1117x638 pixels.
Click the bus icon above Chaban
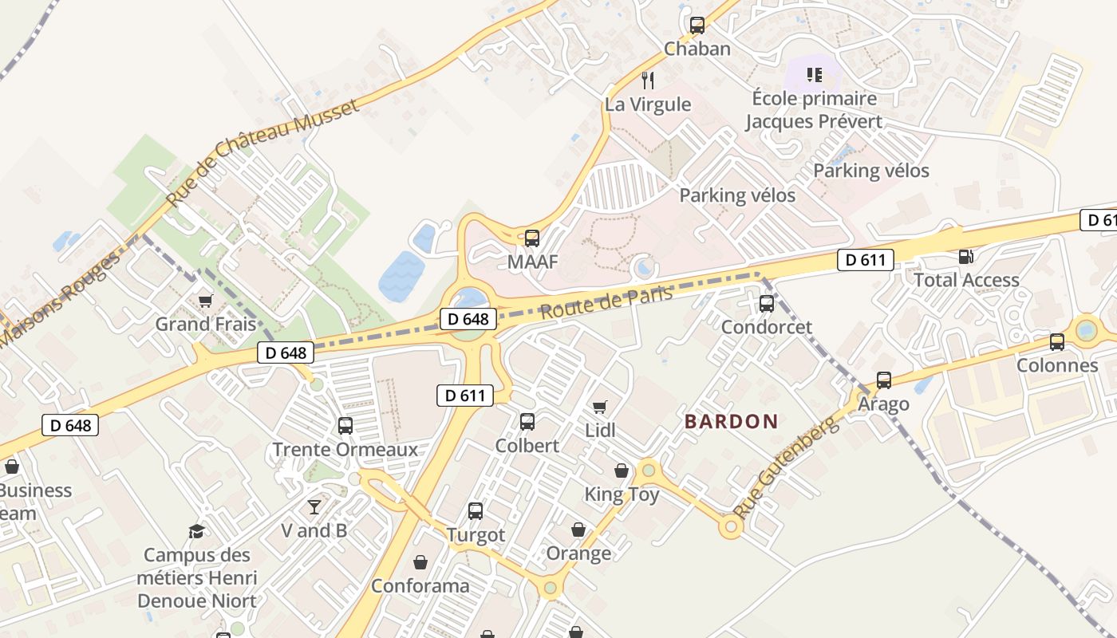click(x=697, y=26)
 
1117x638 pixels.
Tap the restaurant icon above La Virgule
click(x=648, y=80)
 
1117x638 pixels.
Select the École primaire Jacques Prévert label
click(x=814, y=110)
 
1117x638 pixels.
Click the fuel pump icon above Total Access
click(x=965, y=257)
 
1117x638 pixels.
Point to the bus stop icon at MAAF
click(x=531, y=238)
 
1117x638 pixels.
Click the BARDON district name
click(x=731, y=422)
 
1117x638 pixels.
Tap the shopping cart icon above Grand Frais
click(x=206, y=301)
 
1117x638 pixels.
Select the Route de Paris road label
click(x=606, y=303)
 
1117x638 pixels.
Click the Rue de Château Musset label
click(x=262, y=152)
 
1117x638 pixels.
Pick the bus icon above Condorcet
click(x=766, y=303)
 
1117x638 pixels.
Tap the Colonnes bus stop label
click(x=1057, y=365)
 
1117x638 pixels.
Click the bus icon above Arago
click(x=883, y=380)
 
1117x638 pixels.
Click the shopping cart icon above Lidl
click(x=600, y=407)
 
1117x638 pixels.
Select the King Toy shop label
click(x=622, y=494)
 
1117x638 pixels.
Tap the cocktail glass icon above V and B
click(x=314, y=507)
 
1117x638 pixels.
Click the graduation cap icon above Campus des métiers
click(x=196, y=532)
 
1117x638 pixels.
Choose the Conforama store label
click(x=420, y=586)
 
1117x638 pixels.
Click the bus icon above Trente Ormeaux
click(x=345, y=426)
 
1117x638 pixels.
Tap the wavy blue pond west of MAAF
click(x=401, y=276)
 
